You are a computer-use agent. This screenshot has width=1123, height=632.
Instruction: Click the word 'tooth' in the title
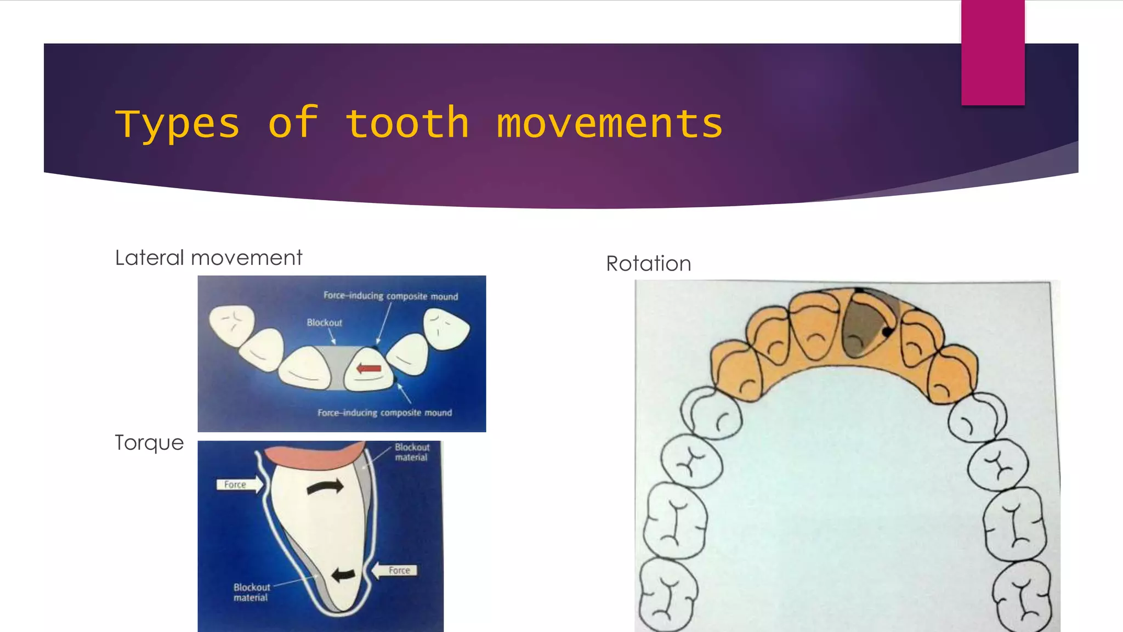click(407, 123)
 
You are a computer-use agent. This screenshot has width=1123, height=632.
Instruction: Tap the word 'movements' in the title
click(609, 123)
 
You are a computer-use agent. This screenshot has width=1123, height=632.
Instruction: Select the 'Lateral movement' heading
click(208, 258)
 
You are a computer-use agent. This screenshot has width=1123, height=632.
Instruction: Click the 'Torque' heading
click(149, 443)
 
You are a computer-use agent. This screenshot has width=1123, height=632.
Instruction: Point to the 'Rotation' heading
click(648, 264)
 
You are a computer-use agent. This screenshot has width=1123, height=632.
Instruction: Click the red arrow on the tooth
click(369, 368)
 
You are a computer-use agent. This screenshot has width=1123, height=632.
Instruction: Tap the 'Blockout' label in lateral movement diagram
click(324, 323)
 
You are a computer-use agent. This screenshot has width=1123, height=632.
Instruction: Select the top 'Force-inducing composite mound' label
click(390, 296)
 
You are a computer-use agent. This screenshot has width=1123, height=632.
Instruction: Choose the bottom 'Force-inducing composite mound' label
click(384, 413)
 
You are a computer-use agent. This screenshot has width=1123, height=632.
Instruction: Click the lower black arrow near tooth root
click(344, 574)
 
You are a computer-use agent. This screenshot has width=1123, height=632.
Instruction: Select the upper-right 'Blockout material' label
click(412, 452)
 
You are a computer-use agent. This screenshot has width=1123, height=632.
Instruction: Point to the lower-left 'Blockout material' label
click(251, 592)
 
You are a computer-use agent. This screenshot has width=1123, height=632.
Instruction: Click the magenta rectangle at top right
click(992, 52)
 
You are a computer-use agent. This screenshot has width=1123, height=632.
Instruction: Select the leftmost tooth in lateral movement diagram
click(232, 325)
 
